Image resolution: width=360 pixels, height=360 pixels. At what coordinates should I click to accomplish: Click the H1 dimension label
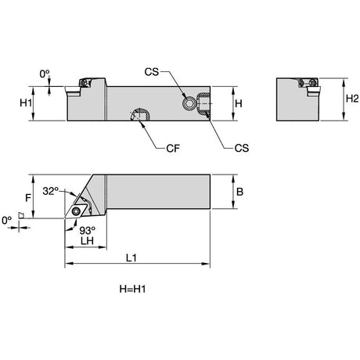pos(26,103)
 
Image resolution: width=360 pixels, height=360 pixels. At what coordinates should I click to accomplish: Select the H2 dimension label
pos(352,99)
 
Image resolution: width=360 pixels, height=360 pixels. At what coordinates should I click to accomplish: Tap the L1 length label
pos(131,258)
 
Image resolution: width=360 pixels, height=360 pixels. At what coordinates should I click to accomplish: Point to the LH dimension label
pos(87,240)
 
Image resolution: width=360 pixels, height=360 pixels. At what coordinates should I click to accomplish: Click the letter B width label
pos(239,192)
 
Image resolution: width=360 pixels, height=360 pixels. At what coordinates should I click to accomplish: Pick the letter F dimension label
pos(28,198)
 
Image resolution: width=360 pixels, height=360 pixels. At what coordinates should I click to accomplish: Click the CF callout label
pos(173,148)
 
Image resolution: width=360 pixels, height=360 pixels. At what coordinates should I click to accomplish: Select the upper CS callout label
pos(152,72)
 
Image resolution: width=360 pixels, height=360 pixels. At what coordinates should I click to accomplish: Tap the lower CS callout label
pos(242,148)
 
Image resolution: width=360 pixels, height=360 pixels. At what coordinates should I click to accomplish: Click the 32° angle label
pos(51,191)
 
